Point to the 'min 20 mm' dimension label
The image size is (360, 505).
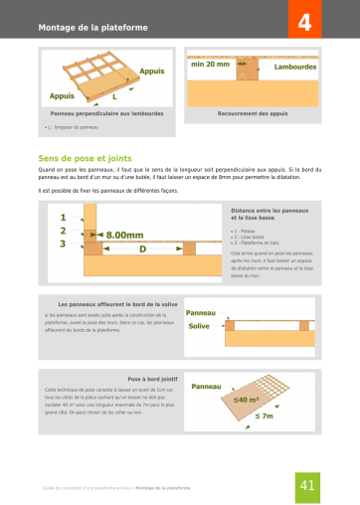(x=211, y=64)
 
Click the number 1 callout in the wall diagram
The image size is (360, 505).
(x=63, y=217)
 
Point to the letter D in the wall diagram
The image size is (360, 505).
(x=142, y=248)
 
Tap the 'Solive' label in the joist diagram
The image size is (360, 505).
(x=199, y=325)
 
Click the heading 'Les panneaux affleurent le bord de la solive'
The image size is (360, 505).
(x=117, y=303)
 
